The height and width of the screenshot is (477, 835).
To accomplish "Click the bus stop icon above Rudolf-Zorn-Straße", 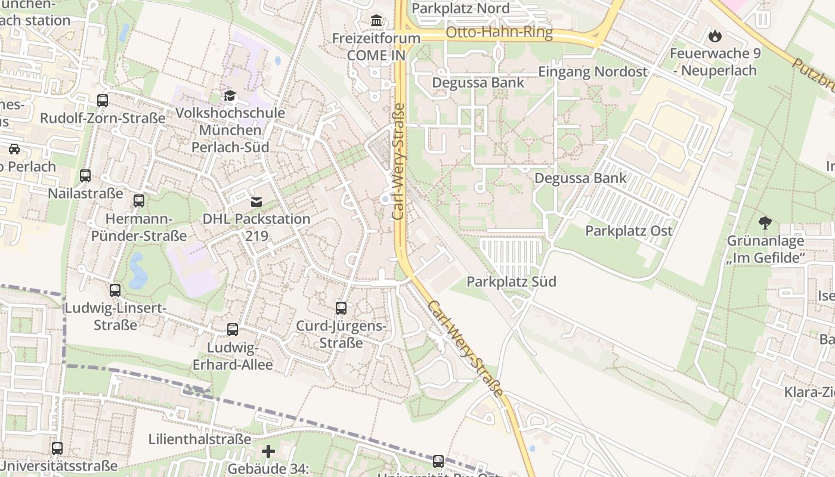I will click(103, 100).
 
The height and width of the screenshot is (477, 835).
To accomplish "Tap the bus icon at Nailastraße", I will click(85, 176).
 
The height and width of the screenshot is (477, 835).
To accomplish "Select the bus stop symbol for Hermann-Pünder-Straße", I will click(139, 201).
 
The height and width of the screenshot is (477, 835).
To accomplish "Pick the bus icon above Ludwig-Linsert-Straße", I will click(115, 290).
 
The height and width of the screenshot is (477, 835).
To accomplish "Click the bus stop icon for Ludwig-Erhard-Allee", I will click(233, 329).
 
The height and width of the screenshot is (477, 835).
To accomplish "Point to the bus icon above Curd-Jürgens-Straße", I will click(341, 308).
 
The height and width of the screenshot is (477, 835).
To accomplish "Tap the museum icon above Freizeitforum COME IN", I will click(376, 21).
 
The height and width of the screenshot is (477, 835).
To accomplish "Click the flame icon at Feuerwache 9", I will click(715, 36).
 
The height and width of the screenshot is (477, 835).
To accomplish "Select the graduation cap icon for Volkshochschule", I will click(230, 96).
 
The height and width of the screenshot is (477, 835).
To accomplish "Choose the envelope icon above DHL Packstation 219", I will click(256, 202).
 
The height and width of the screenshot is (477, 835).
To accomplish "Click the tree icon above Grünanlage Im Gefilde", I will click(765, 224).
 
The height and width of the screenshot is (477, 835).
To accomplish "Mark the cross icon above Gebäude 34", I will click(268, 451).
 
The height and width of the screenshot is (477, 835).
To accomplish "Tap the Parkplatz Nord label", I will click(460, 8).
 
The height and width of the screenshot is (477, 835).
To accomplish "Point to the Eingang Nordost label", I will click(592, 72).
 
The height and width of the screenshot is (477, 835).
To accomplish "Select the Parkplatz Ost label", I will click(629, 231).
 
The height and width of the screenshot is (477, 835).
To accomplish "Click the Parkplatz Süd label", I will click(512, 281).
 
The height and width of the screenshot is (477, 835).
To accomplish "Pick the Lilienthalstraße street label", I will click(200, 439).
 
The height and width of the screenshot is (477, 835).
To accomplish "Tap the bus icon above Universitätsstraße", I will click(57, 448).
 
